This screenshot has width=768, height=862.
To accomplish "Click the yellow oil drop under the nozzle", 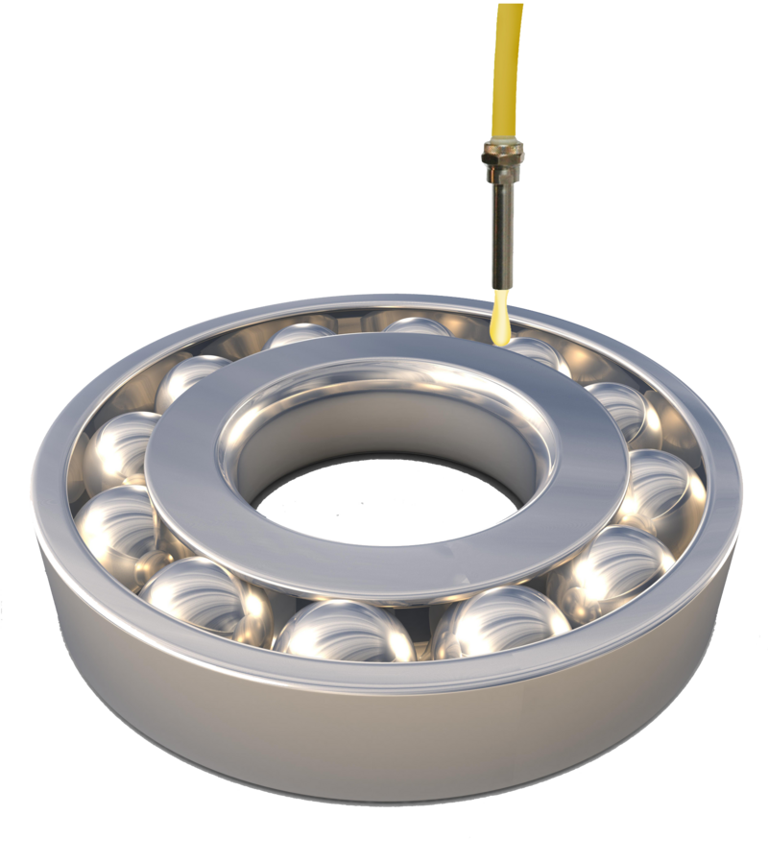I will tap(499, 323).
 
